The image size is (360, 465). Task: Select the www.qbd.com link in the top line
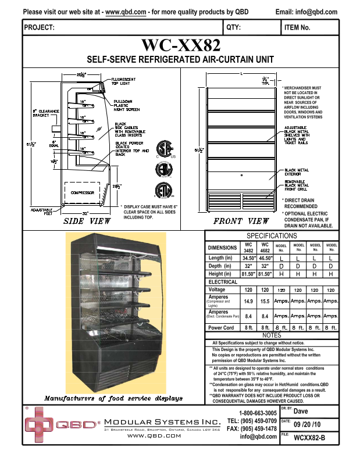click(126, 12)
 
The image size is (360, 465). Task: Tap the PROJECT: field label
click(40, 27)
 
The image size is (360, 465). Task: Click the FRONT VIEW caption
click(241, 221)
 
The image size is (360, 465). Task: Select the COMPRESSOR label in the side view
click(82, 192)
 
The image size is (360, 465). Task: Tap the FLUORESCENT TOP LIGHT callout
click(124, 81)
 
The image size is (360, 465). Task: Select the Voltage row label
click(217, 289)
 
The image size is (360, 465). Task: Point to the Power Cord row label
click(221, 328)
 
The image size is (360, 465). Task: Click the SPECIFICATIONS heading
click(272, 235)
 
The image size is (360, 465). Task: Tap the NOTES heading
click(272, 335)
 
